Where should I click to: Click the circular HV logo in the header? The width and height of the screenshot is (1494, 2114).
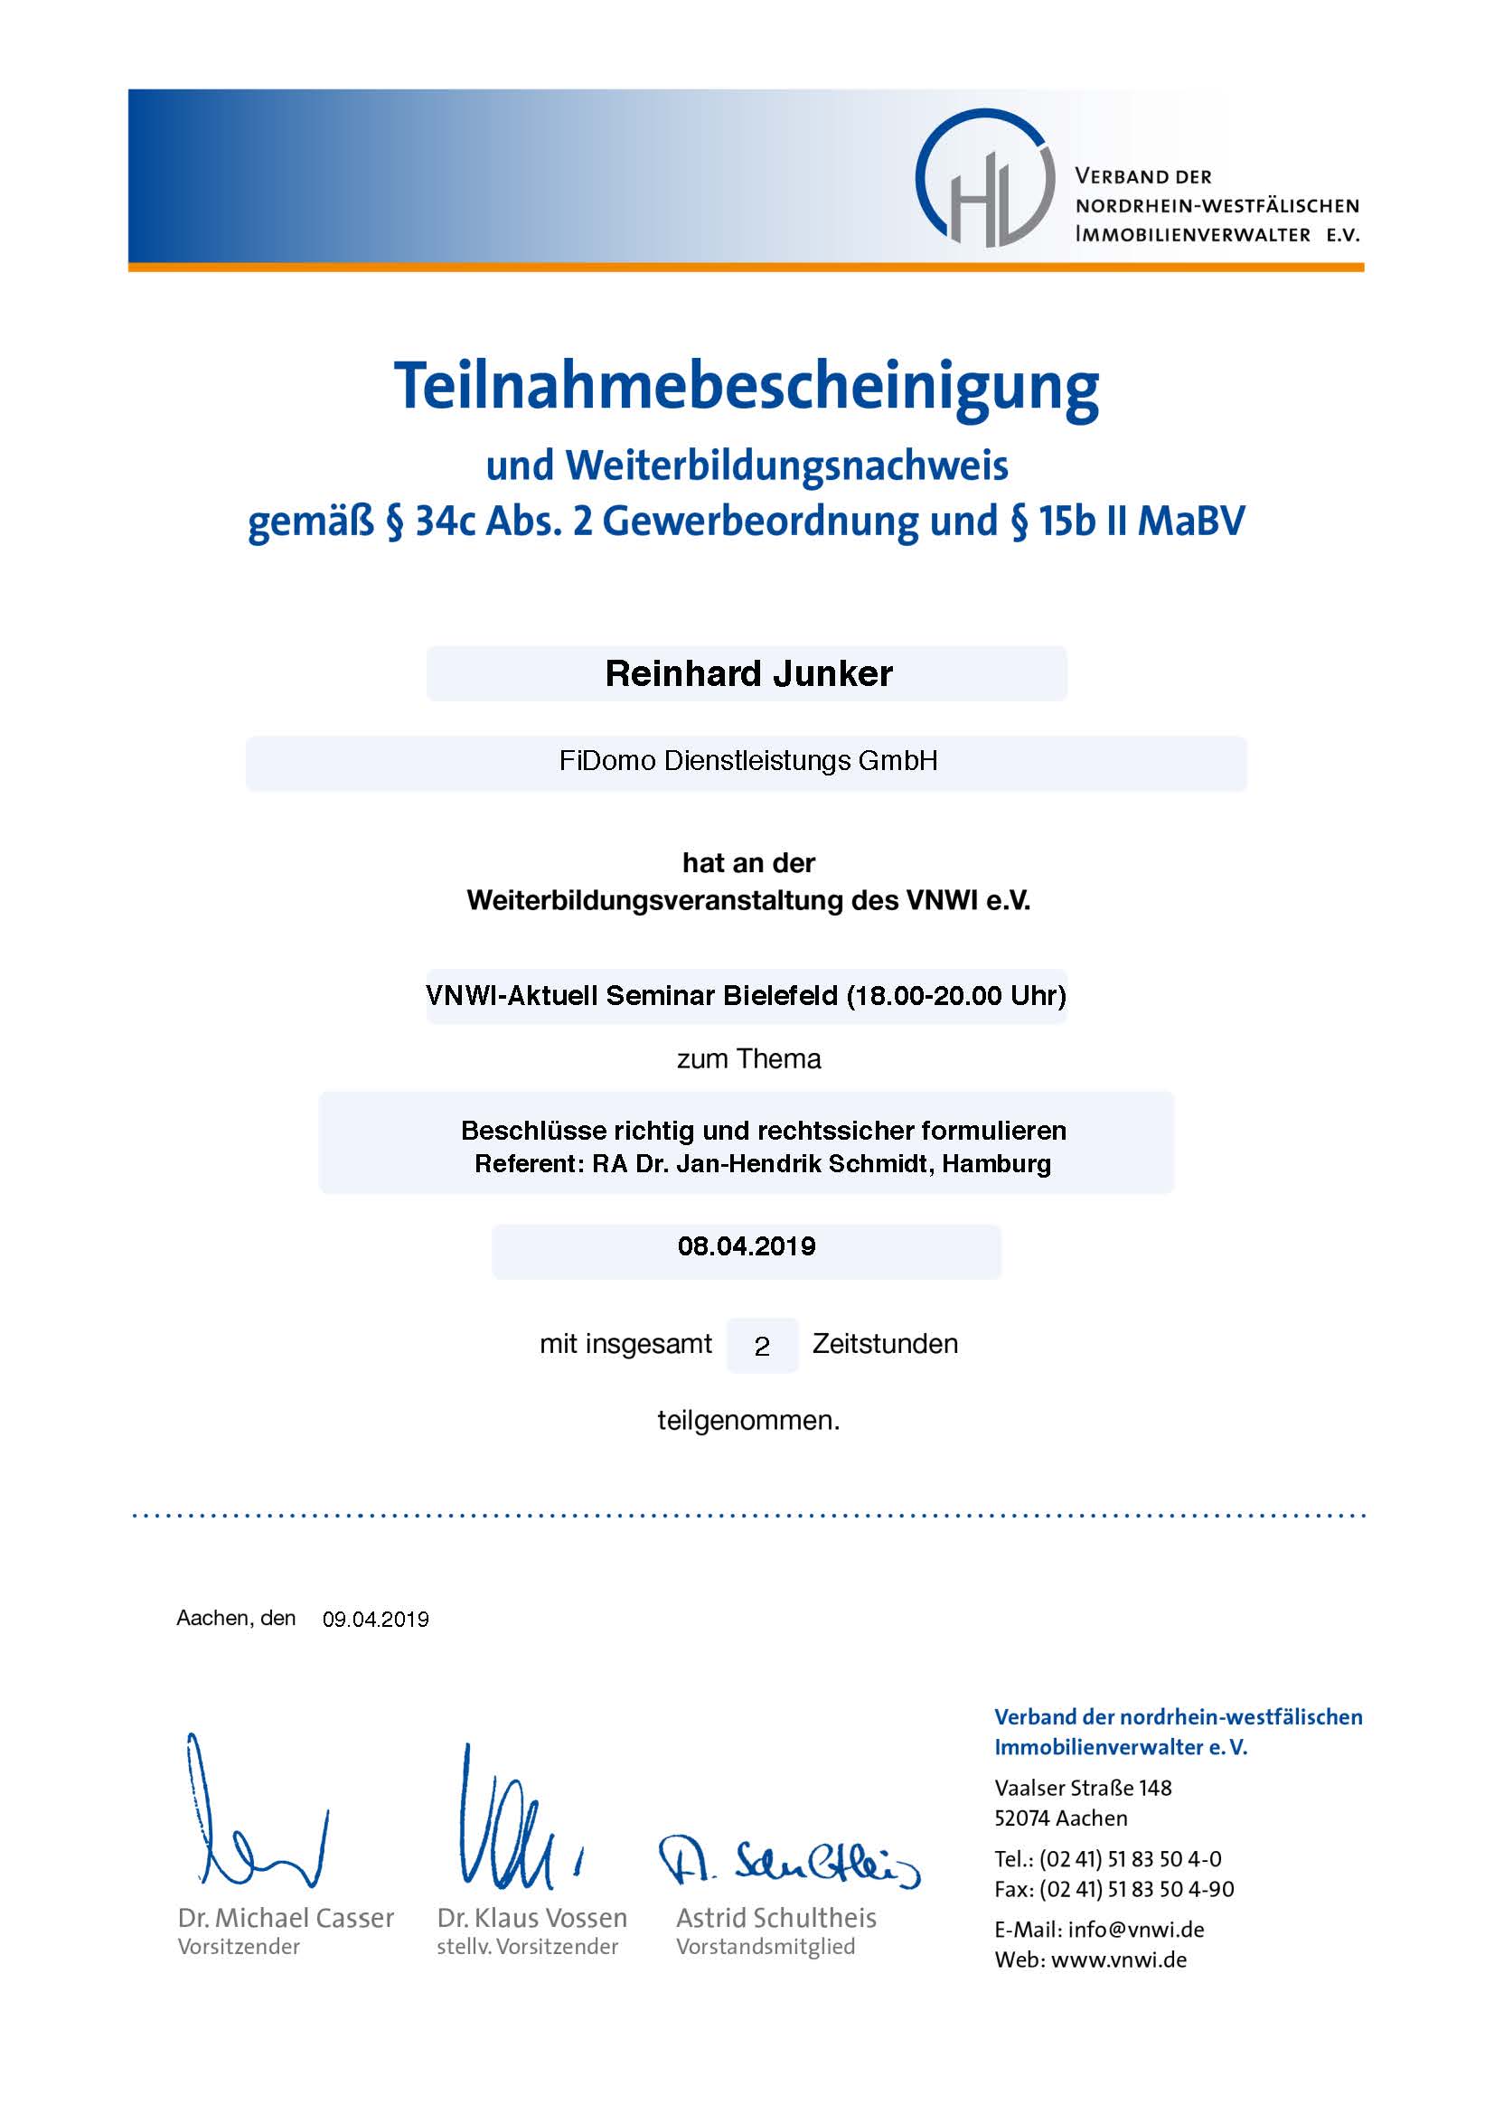(x=984, y=179)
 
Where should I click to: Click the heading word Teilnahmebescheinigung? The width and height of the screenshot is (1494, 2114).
(x=746, y=386)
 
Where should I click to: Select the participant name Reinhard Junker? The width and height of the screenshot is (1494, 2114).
(x=747, y=674)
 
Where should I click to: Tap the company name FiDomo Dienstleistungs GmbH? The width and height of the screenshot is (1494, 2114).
(x=747, y=761)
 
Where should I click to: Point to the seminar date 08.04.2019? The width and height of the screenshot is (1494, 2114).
(x=747, y=1246)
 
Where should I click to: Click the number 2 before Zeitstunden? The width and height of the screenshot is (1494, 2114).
(x=761, y=1347)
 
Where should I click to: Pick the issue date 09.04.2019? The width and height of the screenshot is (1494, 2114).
(x=375, y=1620)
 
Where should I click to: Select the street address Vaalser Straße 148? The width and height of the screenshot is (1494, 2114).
(x=1083, y=1788)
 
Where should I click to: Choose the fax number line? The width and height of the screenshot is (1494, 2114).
(x=1113, y=1889)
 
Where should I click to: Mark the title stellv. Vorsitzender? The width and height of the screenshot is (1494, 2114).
(x=527, y=1947)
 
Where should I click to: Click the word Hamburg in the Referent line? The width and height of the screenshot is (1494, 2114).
(x=996, y=1164)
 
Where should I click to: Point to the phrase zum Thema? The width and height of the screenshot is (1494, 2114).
(x=747, y=1059)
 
